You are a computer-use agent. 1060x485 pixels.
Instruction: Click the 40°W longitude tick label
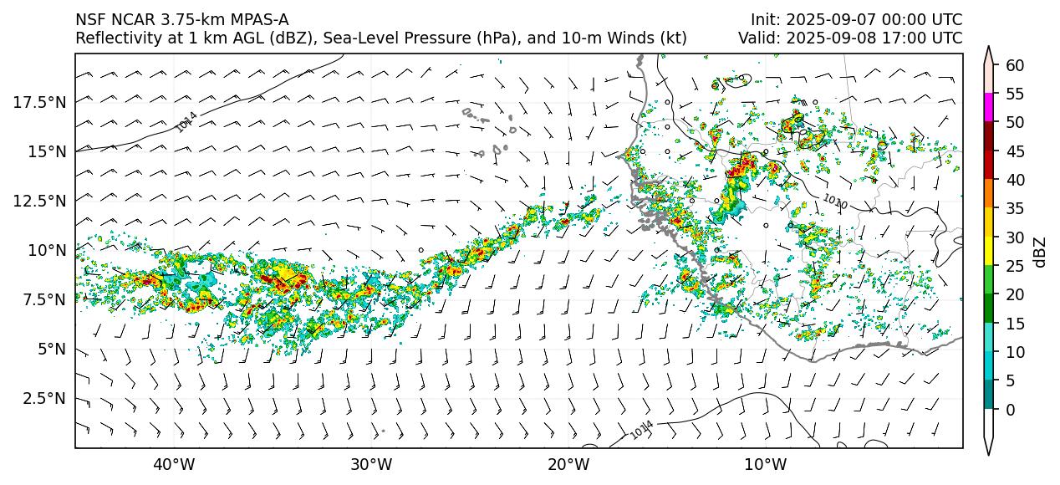pos(174,464)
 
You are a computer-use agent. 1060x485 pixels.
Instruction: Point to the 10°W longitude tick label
pos(765,464)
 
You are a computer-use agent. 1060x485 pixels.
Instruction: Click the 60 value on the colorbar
pos(1015,64)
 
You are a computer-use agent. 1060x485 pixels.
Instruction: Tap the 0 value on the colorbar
pos(1011,410)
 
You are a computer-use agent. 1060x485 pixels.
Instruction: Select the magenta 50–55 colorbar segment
pos(990,108)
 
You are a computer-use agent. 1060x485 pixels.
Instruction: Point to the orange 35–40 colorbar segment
pos(990,194)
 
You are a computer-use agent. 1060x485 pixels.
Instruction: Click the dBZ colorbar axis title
pos(1040,251)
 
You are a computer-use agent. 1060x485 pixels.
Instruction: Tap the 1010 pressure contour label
pos(834,202)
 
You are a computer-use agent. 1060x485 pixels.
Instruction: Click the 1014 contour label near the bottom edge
pos(641,430)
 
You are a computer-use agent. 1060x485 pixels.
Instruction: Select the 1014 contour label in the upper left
pos(186,122)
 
